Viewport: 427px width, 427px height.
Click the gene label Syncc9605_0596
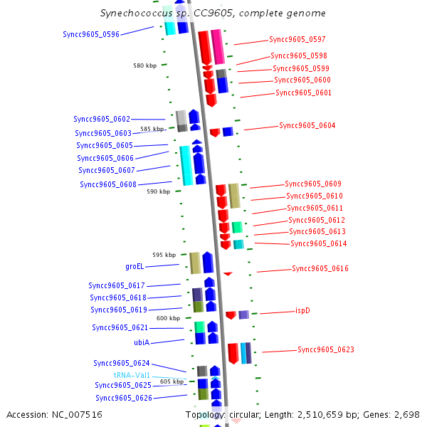click(91, 33)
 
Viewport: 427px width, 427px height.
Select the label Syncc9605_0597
click(297, 39)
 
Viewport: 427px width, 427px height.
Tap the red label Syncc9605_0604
click(307, 125)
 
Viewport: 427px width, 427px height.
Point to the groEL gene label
click(135, 266)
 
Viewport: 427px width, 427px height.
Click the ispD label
click(302, 310)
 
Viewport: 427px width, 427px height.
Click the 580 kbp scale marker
click(144, 65)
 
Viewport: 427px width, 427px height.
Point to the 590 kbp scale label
click(158, 191)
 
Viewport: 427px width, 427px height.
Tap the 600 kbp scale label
click(168, 318)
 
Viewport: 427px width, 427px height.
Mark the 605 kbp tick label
click(172, 381)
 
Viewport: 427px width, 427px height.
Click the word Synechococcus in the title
click(132, 13)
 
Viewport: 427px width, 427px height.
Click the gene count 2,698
click(408, 414)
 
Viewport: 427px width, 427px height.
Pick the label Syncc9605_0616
click(320, 268)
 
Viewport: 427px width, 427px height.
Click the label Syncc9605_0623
click(326, 349)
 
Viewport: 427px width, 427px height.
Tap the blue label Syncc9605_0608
click(108, 184)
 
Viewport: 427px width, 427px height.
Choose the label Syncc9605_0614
click(319, 243)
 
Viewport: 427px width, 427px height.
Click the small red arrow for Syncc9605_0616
click(228, 273)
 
